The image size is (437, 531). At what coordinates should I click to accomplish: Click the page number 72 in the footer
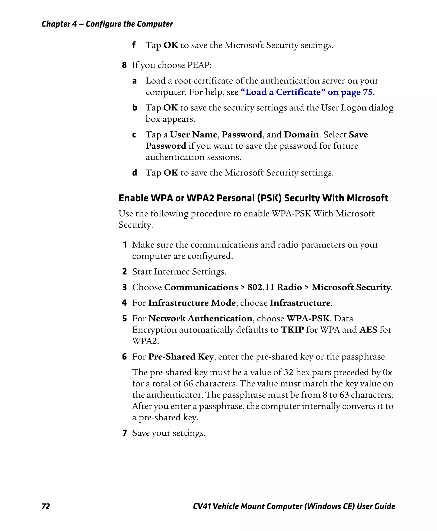pyautogui.click(x=46, y=506)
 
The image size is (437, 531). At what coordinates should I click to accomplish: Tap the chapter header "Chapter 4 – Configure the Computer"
pyautogui.click(x=107, y=24)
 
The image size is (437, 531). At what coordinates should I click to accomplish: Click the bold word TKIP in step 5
pyautogui.click(x=292, y=329)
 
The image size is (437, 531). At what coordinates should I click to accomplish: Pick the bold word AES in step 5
pyautogui.click(x=368, y=329)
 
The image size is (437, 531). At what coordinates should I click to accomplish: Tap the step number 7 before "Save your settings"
pyautogui.click(x=125, y=433)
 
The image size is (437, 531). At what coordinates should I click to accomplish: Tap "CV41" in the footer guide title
pyautogui.click(x=202, y=506)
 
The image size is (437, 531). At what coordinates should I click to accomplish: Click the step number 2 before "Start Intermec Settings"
pyautogui.click(x=124, y=272)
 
